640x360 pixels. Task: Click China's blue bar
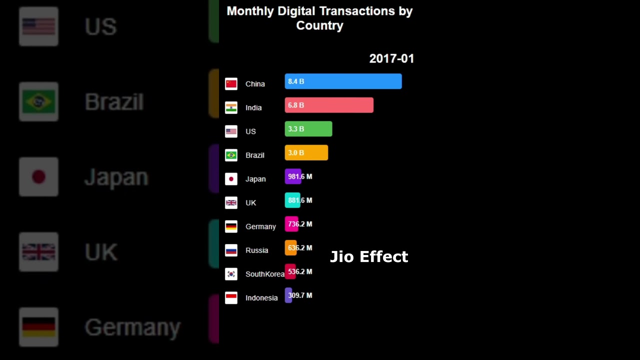coord(343,81)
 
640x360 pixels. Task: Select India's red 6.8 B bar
coord(329,105)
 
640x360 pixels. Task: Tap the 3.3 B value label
coord(296,129)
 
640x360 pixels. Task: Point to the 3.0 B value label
coord(296,152)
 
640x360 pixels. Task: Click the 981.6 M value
coord(300,176)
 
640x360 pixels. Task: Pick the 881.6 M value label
coord(300,200)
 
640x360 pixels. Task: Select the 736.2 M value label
coord(300,224)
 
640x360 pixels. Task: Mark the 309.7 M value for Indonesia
coord(300,295)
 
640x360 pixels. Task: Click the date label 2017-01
coord(391,58)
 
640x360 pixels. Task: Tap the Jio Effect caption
coord(369,257)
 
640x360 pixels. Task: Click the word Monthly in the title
coord(250,11)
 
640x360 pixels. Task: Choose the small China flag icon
coord(231,84)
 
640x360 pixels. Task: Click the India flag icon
coord(231,107)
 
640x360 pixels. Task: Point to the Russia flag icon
coord(231,250)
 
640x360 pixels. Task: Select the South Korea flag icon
coord(231,274)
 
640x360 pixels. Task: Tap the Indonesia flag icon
coord(231,297)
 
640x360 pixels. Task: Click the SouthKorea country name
coord(264,274)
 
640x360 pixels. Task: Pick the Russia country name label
coord(256,250)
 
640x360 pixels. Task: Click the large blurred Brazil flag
coord(38,102)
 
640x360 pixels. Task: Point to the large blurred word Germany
coord(132,327)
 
